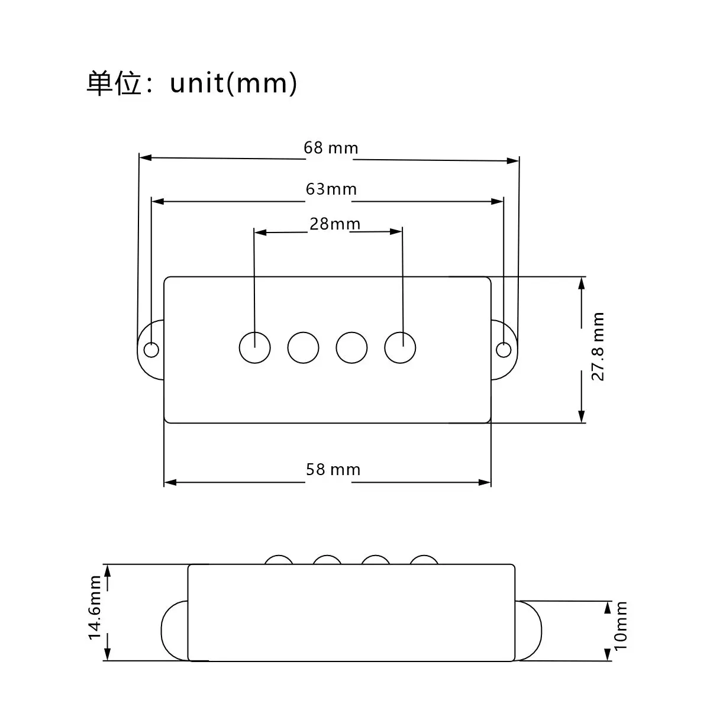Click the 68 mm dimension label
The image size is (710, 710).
click(x=331, y=147)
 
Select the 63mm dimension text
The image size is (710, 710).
click(x=331, y=189)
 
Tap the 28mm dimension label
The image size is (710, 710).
click(x=334, y=224)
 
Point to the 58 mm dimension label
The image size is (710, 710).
click(x=333, y=470)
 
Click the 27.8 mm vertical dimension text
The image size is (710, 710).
click(x=598, y=347)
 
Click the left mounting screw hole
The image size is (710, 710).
click(x=151, y=350)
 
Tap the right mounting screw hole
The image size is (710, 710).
click(x=504, y=350)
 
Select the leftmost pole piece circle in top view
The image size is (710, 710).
click(x=255, y=347)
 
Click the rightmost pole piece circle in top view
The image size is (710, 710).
click(x=400, y=347)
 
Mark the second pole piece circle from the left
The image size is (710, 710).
click(x=304, y=347)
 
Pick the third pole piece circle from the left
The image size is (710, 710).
click(x=351, y=347)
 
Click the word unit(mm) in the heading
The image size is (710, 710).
click(x=233, y=83)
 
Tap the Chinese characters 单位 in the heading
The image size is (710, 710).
click(x=114, y=83)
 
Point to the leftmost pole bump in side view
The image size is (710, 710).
click(x=279, y=560)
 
